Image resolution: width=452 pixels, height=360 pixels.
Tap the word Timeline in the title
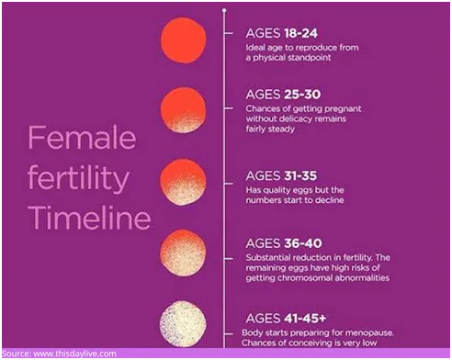point(87,219)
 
